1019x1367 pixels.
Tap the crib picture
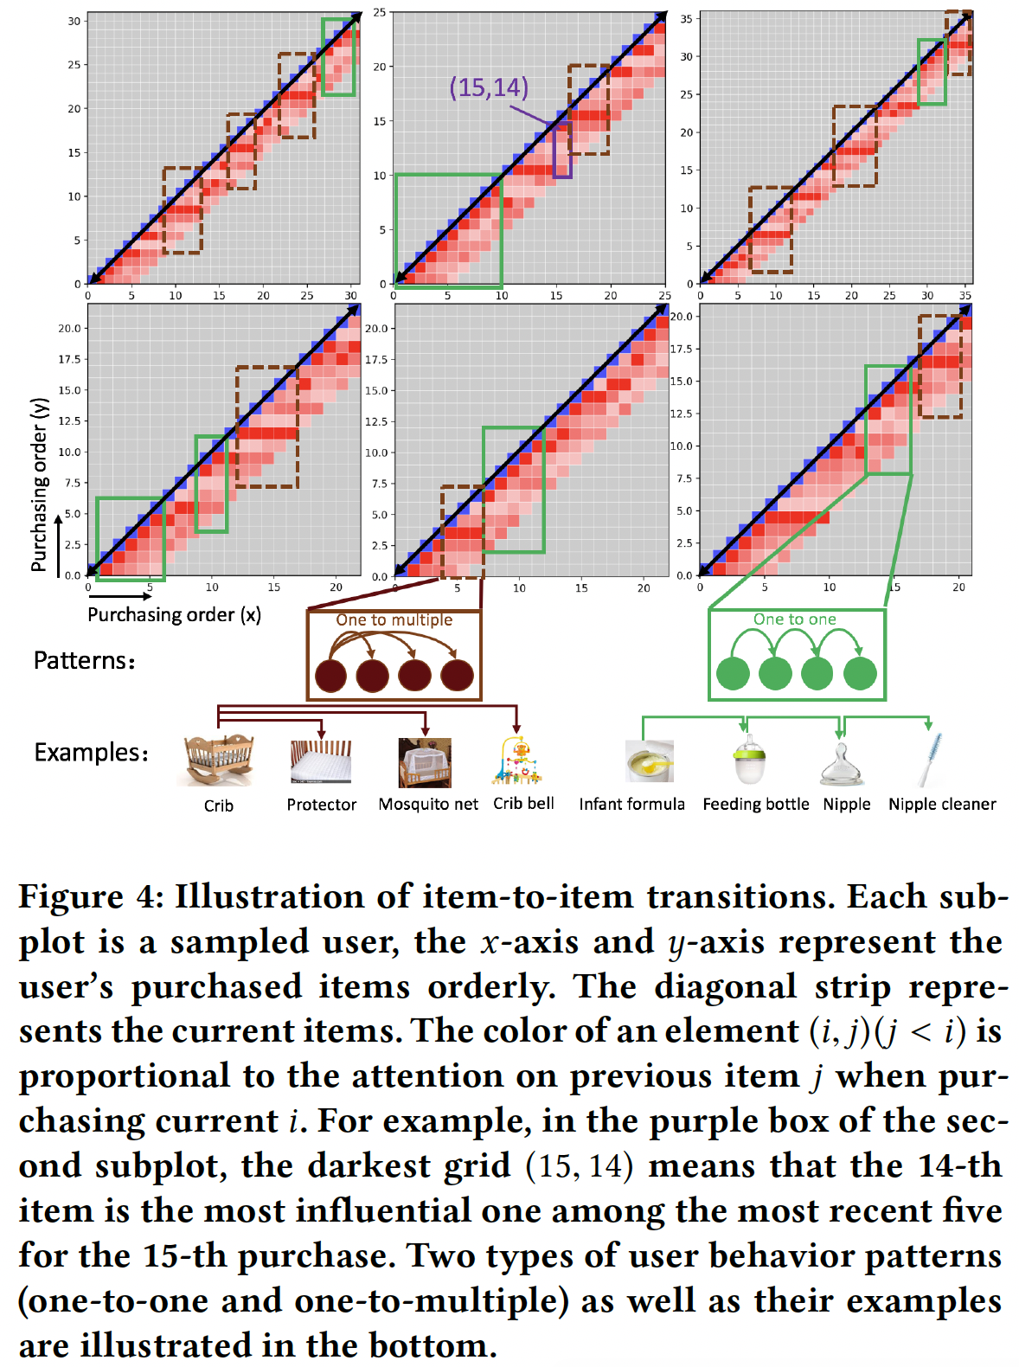(x=219, y=759)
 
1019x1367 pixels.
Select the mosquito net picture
(x=425, y=761)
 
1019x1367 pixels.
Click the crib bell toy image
(x=517, y=760)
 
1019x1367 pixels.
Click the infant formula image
(x=650, y=761)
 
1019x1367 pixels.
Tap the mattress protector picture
(x=321, y=761)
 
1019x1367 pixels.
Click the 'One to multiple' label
(x=394, y=619)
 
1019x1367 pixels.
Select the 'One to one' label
(x=794, y=619)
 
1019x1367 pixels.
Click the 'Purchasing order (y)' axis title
(x=39, y=485)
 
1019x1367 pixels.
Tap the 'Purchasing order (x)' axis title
(x=174, y=614)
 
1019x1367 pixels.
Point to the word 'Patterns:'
(x=84, y=660)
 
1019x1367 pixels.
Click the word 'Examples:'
(x=91, y=752)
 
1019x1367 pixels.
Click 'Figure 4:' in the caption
(x=91, y=896)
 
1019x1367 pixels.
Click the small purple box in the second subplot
(x=562, y=151)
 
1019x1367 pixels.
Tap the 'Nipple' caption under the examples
(x=846, y=804)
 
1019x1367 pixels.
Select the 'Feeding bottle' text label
(x=755, y=804)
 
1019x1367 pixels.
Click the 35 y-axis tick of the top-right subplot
(x=686, y=18)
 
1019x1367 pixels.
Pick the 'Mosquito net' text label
(x=428, y=804)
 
